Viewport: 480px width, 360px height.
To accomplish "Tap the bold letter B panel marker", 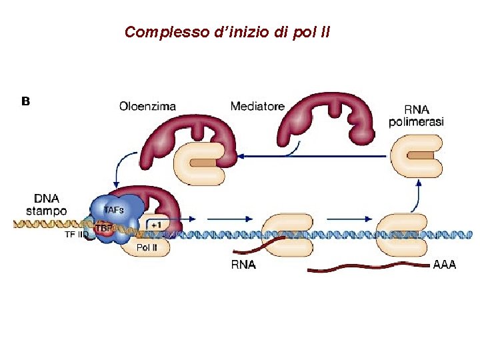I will point(26,101).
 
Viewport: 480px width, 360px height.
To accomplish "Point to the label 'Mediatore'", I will point(257,106).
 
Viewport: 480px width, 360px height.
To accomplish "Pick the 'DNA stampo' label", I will point(46,205).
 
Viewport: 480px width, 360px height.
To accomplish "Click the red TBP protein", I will point(104,228).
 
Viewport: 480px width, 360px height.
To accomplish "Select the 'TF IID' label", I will point(76,235).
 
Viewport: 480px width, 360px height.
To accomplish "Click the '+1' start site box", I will point(155,225).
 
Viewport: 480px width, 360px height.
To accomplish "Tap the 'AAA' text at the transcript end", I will point(445,265).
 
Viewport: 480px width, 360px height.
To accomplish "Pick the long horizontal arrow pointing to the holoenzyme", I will point(313,157).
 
